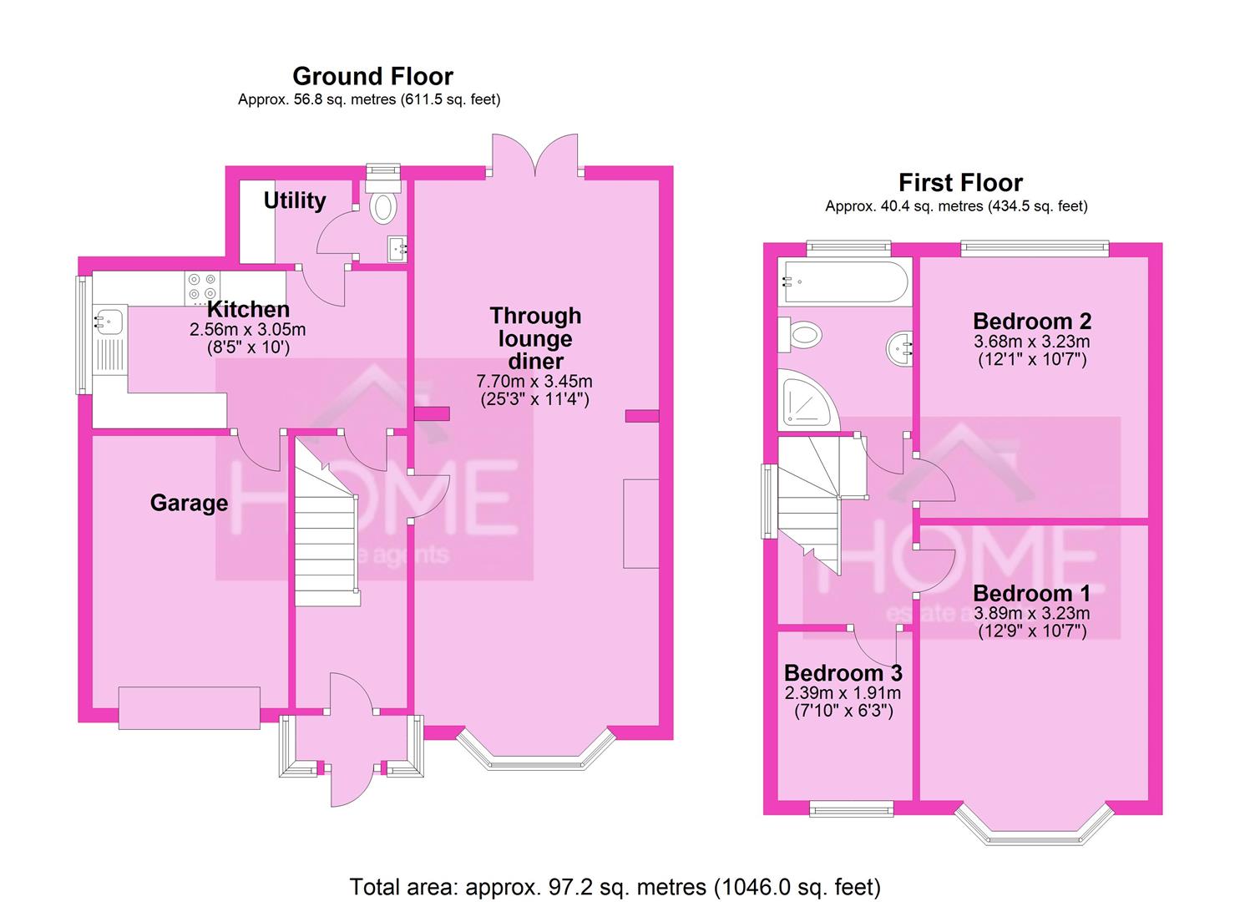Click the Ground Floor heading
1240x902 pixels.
(x=372, y=77)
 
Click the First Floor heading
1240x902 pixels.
(x=960, y=183)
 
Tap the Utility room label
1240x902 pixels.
(x=294, y=200)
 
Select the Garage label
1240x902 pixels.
(x=189, y=503)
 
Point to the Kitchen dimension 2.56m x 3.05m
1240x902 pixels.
(x=247, y=330)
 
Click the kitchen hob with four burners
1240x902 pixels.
(x=200, y=286)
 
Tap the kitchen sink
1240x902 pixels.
(x=109, y=320)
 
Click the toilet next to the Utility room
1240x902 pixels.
(x=383, y=207)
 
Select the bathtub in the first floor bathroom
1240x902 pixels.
(x=843, y=281)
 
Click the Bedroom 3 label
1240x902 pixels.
(x=843, y=673)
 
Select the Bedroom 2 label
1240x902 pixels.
(x=1031, y=322)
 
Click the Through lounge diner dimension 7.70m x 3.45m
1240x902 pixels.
(x=534, y=381)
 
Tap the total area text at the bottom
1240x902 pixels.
(x=615, y=886)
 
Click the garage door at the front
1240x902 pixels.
(x=190, y=708)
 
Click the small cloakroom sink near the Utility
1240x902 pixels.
(x=397, y=247)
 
